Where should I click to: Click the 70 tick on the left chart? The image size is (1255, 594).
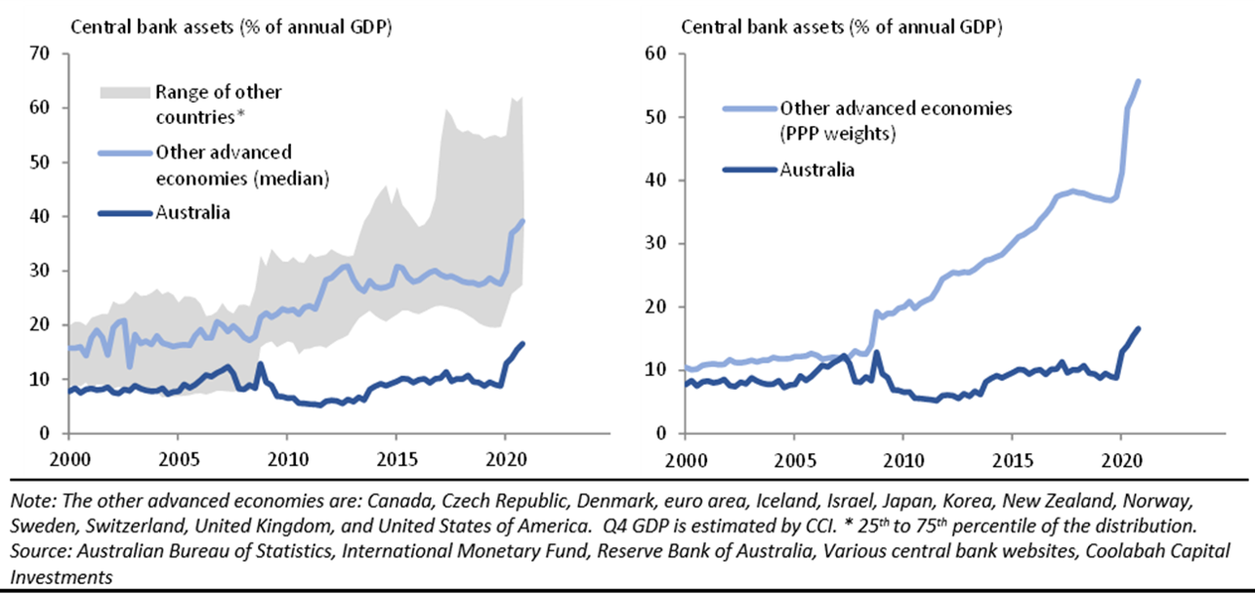point(42,54)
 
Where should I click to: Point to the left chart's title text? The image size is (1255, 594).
point(230,26)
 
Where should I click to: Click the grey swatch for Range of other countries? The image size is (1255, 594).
point(124,93)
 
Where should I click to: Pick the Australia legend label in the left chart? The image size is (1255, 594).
point(193,212)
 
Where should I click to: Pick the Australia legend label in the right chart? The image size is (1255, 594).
point(817,169)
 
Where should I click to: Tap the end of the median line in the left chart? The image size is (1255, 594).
point(523,221)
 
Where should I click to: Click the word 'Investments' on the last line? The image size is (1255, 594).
point(60,576)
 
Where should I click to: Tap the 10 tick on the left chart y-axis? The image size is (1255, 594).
point(42,379)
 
